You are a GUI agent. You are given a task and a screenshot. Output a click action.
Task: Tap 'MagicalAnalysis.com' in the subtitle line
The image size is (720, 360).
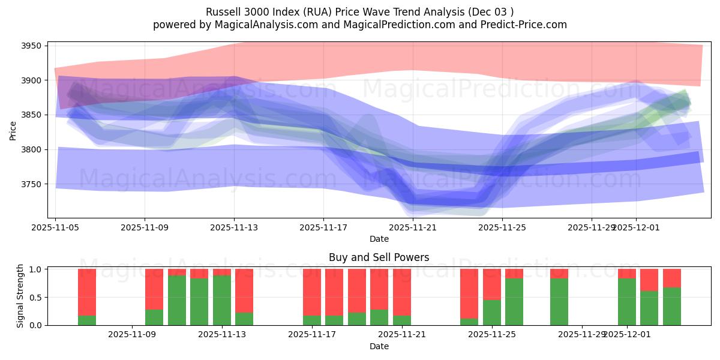tap(248, 25)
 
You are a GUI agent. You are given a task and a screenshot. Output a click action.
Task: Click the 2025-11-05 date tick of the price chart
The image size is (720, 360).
tap(56, 228)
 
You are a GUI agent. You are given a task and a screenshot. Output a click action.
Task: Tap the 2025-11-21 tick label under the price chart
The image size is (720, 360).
tap(413, 228)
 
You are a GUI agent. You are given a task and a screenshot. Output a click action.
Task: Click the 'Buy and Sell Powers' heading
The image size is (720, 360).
tap(379, 257)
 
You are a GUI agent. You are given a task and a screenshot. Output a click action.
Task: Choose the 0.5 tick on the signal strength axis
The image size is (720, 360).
tap(34, 297)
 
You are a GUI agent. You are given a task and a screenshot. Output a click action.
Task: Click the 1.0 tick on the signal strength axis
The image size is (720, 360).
tap(34, 269)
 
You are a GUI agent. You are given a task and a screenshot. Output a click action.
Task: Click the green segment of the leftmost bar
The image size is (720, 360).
tap(87, 320)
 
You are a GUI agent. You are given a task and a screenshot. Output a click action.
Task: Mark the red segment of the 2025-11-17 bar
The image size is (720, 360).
tap(312, 292)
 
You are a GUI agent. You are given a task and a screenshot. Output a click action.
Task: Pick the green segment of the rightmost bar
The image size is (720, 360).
tap(672, 307)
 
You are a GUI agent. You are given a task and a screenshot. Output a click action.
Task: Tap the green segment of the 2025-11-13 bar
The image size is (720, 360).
tap(222, 300)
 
